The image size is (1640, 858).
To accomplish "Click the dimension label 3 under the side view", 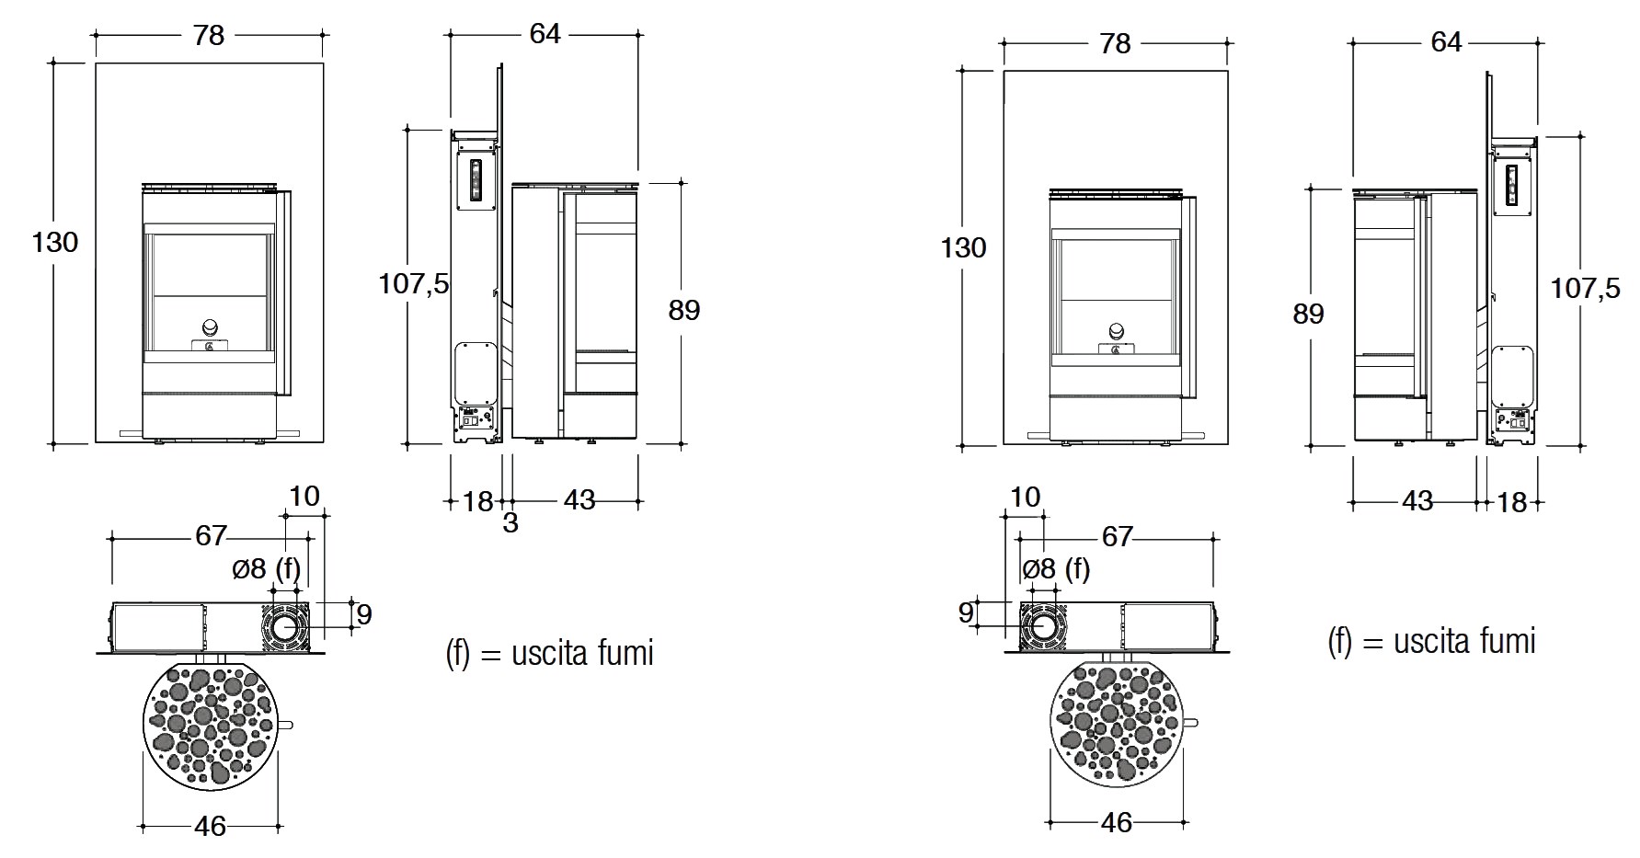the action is pos(510,522).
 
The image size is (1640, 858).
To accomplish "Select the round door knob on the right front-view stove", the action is pos(1117,331).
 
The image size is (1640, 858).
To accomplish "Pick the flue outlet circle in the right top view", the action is pos(1043,625).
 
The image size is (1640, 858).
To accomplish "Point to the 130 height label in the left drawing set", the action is pos(55,243).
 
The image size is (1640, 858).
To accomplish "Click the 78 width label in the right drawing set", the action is pos(1115,43).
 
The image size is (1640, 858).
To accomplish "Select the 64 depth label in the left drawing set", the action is pos(545,33).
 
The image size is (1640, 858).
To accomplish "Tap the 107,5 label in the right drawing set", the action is pos(1586,288).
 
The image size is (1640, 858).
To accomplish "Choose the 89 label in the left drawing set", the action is pos(684,311).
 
